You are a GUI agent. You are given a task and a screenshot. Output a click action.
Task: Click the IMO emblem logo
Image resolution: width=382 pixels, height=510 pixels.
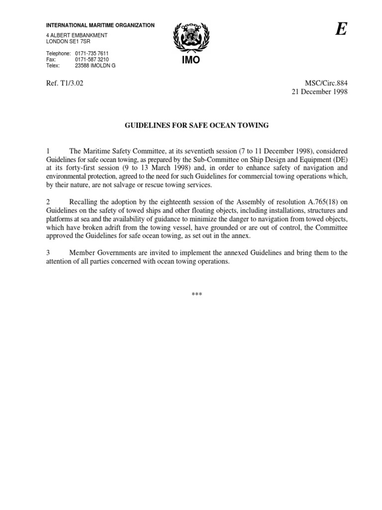(x=191, y=38)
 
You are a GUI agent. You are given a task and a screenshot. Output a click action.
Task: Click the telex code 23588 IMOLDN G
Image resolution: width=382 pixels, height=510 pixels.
(x=95, y=65)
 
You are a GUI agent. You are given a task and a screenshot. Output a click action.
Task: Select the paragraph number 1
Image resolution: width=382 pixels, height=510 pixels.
(x=48, y=151)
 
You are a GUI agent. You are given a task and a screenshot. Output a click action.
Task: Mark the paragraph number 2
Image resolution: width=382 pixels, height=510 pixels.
(x=48, y=202)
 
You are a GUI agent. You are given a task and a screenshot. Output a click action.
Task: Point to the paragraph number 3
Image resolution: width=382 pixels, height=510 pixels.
(x=48, y=253)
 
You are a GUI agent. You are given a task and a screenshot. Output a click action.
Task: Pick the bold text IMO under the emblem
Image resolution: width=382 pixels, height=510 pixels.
(x=191, y=60)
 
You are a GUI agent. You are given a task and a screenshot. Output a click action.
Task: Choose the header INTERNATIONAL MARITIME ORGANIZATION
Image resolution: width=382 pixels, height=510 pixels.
(x=100, y=25)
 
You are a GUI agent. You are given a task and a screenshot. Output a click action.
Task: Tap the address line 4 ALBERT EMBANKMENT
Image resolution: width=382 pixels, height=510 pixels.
(x=77, y=36)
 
